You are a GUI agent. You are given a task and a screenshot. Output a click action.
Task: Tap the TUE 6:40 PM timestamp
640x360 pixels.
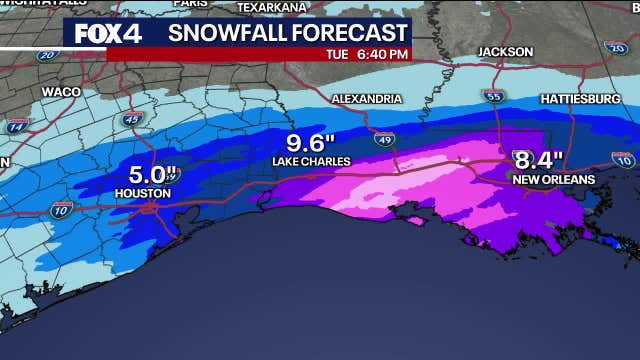pos(367,54)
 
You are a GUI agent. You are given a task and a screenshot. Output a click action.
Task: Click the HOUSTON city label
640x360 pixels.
pos(143,193)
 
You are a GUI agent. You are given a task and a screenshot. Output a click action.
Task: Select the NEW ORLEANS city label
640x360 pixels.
pos(553,179)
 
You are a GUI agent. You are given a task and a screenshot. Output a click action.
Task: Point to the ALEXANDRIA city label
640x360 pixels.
pos(366,99)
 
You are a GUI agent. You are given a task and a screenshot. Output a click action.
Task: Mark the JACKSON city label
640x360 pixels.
pos(505,51)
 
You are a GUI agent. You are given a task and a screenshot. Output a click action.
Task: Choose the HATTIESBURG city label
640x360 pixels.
pos(579,100)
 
